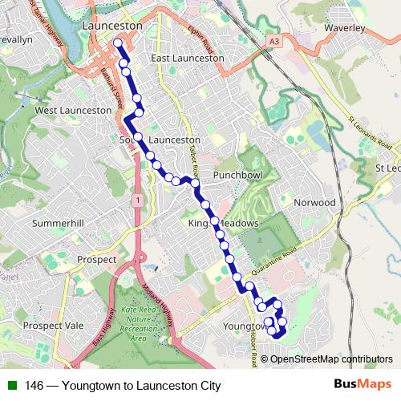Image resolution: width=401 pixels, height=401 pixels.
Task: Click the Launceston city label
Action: pyautogui.click(x=112, y=26)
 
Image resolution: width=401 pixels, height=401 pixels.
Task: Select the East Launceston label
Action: pyautogui.click(x=187, y=58)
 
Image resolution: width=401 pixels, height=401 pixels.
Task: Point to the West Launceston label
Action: pyautogui.click(x=73, y=110)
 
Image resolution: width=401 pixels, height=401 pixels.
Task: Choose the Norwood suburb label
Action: pyautogui.click(x=314, y=203)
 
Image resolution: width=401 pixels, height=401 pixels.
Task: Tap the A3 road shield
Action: pyautogui.click(x=275, y=39)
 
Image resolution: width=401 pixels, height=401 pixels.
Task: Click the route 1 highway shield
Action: pyautogui.click(x=139, y=199)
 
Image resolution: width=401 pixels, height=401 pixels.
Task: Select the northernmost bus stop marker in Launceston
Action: pyautogui.click(x=119, y=43)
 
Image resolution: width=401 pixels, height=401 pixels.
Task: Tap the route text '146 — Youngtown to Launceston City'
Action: pyautogui.click(x=122, y=386)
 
